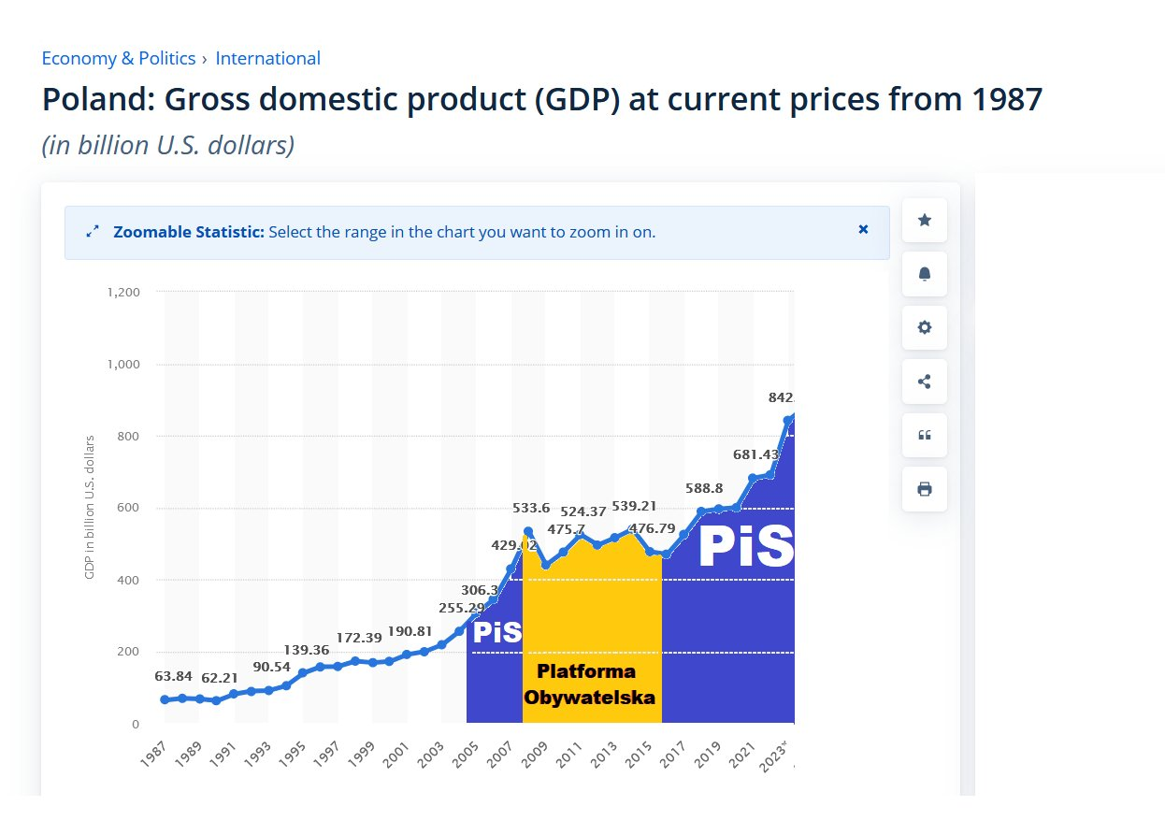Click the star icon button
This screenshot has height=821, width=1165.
click(924, 220)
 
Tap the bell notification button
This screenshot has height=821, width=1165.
click(924, 274)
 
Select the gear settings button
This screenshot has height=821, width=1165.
click(924, 327)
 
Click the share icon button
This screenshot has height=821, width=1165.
click(924, 382)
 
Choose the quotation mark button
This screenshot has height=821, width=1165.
click(924, 435)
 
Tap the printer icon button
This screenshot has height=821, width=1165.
click(924, 489)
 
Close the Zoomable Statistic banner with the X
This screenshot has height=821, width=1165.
click(863, 229)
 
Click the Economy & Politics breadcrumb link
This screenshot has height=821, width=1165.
click(118, 58)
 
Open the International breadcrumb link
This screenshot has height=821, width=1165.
click(267, 58)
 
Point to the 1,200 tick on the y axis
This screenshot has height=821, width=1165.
click(124, 292)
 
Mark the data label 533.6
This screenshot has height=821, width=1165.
click(531, 509)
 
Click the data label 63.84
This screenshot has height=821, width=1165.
click(174, 676)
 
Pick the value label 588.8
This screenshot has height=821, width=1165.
click(704, 488)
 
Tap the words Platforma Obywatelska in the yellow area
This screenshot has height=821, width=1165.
click(588, 684)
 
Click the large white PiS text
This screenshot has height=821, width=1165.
click(745, 548)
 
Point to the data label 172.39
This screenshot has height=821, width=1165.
click(359, 638)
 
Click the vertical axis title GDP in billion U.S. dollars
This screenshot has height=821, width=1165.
click(91, 506)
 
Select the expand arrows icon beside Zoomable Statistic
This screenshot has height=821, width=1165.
click(92, 232)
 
